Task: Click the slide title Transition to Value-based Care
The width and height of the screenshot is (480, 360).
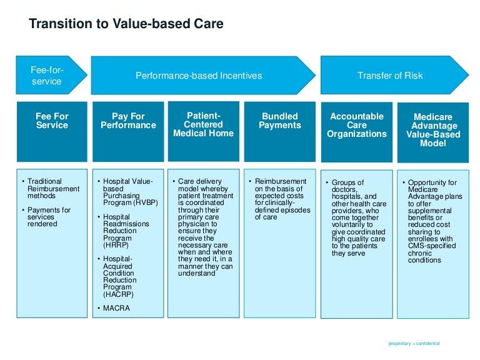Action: (126, 24)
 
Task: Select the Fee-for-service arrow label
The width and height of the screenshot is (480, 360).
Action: (47, 76)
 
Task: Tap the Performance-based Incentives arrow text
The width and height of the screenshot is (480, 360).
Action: (199, 76)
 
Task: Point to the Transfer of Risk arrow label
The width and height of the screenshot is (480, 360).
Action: (389, 76)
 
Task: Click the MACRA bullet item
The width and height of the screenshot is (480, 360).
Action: (117, 308)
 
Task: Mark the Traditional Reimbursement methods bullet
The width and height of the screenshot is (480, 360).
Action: (53, 189)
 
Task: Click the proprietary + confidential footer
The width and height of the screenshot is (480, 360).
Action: (414, 343)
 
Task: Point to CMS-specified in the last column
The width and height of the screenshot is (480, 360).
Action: (428, 246)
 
